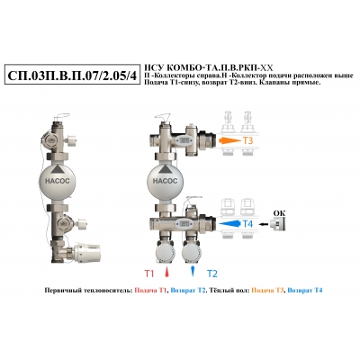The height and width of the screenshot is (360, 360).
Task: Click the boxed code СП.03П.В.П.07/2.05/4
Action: coord(72,76)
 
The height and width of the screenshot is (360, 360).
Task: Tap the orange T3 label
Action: coord(247,140)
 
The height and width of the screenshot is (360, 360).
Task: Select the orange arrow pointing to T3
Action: coord(229,140)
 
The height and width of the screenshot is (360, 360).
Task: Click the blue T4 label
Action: coord(247,224)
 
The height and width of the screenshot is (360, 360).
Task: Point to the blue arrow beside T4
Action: coord(229,224)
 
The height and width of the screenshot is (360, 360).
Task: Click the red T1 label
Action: coord(149,274)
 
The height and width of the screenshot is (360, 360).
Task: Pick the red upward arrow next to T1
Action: coord(166,272)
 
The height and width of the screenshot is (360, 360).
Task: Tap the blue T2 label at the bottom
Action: coord(212,274)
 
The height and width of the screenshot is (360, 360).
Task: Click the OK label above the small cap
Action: coord(279,213)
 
